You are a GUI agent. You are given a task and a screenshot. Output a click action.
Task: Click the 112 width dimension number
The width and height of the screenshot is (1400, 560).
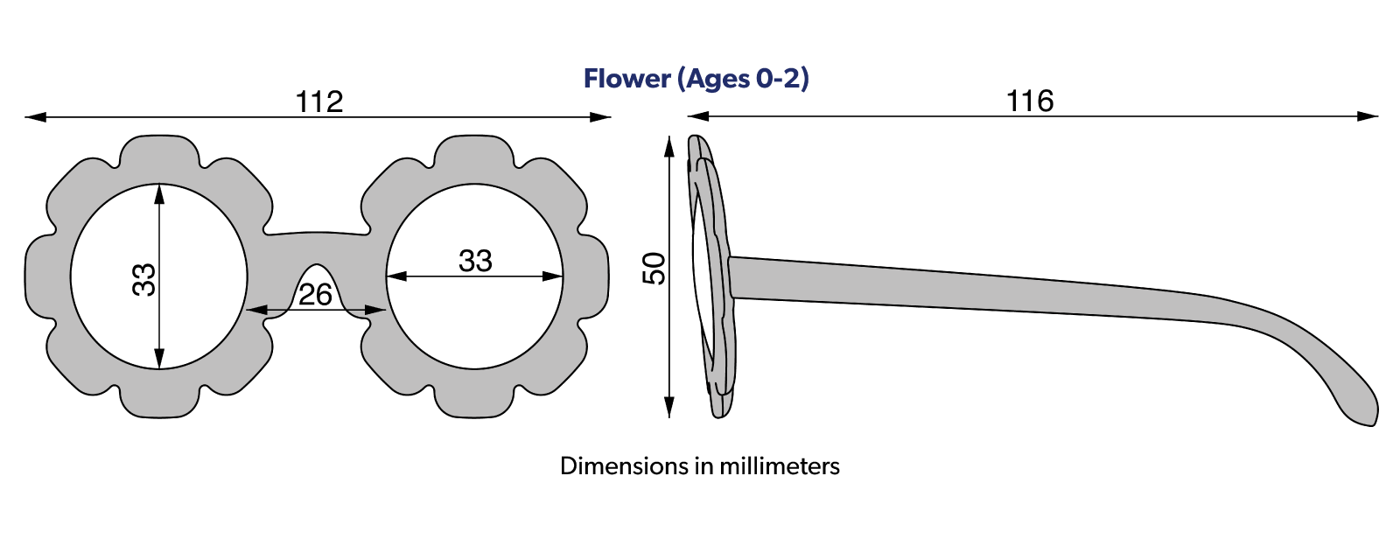click(x=319, y=101)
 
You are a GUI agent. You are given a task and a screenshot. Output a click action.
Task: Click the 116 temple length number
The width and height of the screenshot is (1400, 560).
click(x=1030, y=101)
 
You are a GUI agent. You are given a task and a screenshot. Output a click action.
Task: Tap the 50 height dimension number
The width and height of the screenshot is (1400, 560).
click(x=654, y=268)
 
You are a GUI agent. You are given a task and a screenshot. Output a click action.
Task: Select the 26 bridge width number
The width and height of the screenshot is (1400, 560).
click(x=315, y=295)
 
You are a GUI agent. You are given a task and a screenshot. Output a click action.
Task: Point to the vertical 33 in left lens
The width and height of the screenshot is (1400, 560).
click(x=143, y=279)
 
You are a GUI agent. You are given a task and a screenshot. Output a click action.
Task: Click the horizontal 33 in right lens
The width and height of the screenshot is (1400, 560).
click(x=475, y=260)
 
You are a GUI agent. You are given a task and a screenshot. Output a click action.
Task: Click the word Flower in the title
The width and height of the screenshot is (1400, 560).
click(x=626, y=79)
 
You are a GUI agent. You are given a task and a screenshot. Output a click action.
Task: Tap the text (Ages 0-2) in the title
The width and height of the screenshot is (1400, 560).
click(x=743, y=79)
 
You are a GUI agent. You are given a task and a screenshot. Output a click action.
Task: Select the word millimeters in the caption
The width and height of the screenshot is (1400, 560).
click(x=779, y=465)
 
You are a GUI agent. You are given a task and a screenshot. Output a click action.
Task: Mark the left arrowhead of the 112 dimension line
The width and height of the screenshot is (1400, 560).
click(x=33, y=116)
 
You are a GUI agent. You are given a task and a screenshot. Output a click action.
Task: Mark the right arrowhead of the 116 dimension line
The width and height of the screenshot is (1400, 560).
click(x=1369, y=115)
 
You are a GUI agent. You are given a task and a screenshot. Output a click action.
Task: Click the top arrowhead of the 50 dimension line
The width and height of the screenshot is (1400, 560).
click(x=669, y=145)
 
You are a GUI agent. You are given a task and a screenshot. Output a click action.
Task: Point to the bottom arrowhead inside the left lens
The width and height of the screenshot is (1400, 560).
click(x=159, y=360)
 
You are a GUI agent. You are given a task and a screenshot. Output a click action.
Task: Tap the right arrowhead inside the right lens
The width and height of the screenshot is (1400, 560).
click(x=554, y=276)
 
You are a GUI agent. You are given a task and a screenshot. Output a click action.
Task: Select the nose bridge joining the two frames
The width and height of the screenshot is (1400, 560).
click(x=317, y=246)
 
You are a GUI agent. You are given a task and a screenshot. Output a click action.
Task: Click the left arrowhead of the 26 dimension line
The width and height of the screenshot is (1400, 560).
click(x=255, y=310)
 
